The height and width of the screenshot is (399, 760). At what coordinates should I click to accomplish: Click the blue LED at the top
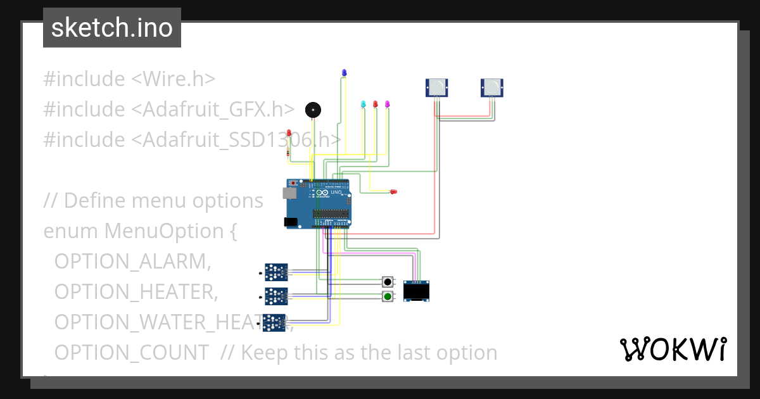[344, 73]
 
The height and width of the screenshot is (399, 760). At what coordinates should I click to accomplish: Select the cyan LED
[363, 104]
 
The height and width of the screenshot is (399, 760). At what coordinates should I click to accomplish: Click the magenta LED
[388, 104]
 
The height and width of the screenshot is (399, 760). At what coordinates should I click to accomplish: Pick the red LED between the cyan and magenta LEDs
[375, 104]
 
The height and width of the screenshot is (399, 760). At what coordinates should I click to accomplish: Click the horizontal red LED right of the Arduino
[393, 192]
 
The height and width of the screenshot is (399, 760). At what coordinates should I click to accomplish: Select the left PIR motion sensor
[436, 87]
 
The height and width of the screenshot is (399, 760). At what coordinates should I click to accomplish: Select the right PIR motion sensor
[492, 87]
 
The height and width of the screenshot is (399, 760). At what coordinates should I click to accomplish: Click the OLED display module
[417, 291]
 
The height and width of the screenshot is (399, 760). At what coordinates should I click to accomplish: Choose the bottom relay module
[275, 322]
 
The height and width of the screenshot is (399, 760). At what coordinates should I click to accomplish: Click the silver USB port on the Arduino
[289, 192]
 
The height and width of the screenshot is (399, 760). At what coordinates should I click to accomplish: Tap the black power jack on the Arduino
[291, 222]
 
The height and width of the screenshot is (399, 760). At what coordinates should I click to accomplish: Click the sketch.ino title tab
[112, 28]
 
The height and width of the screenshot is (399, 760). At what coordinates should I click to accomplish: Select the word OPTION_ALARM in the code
[132, 261]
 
